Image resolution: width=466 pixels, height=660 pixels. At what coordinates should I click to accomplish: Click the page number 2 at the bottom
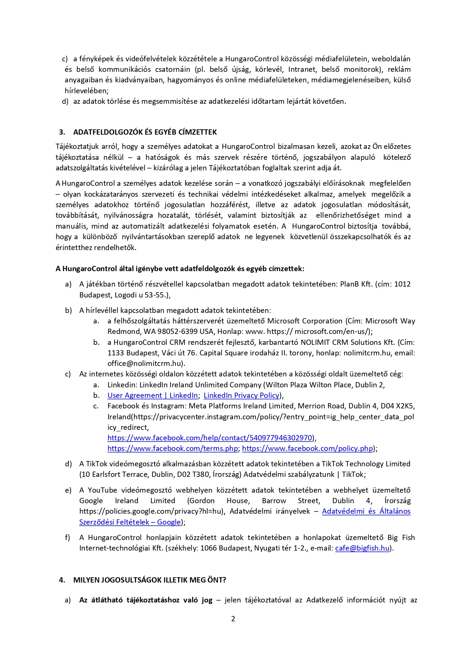[x=233, y=619]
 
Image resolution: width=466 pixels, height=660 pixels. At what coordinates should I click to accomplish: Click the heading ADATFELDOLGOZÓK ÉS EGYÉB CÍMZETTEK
[x=145, y=132]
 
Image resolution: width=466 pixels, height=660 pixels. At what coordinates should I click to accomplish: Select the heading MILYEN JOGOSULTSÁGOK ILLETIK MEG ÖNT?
[x=150, y=580]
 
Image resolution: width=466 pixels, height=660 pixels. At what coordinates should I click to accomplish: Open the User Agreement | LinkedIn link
[x=153, y=395]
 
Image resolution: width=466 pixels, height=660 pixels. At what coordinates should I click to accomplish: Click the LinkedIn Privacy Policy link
[x=241, y=395]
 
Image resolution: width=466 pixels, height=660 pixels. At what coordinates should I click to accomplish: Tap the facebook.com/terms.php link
[x=172, y=448]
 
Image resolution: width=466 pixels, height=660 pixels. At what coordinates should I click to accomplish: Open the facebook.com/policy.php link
[x=307, y=448]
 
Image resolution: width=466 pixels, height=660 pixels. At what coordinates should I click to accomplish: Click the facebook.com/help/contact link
[x=210, y=438]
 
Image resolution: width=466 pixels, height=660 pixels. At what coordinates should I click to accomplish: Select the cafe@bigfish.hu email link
[x=362, y=548]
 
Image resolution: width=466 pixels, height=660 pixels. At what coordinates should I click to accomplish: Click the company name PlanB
[x=349, y=284]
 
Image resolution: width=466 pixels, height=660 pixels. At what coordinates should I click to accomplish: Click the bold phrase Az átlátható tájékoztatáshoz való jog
[x=146, y=600]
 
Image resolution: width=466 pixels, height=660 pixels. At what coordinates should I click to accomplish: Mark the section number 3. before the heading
[x=62, y=132]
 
